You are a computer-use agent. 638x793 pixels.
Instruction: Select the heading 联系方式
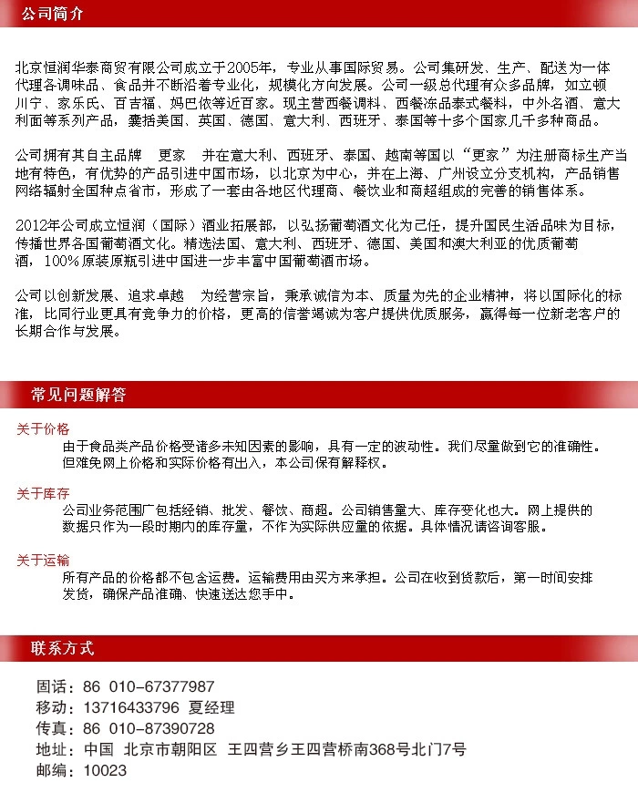point(62,649)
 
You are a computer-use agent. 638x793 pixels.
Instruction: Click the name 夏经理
point(211,707)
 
